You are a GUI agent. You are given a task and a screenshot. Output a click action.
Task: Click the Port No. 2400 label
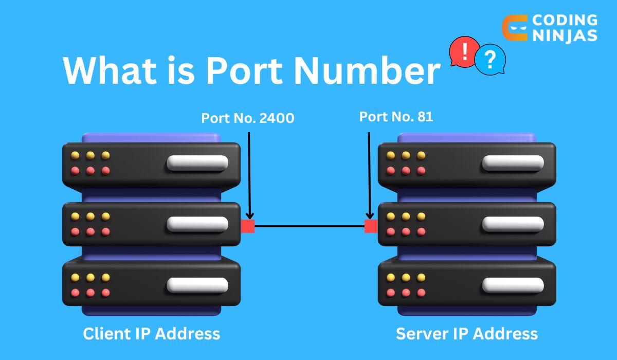pyautogui.click(x=247, y=118)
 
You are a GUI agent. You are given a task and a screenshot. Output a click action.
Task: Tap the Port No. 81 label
pyautogui.click(x=396, y=117)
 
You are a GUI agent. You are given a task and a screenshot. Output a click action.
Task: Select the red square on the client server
pyautogui.click(x=248, y=226)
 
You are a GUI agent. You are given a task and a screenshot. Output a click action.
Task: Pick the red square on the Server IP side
pyautogui.click(x=371, y=226)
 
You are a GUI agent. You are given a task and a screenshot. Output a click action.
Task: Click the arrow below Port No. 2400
pyautogui.click(x=249, y=175)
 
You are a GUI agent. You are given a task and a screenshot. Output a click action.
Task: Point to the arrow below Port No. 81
pyautogui.click(x=369, y=175)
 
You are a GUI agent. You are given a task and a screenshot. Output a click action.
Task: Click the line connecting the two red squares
pyautogui.click(x=309, y=226)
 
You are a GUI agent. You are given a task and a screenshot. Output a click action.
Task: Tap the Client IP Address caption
pyautogui.click(x=151, y=333)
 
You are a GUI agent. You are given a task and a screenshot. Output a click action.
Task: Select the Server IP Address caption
pyautogui.click(x=466, y=333)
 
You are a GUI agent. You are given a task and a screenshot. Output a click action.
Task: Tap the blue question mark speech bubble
pyautogui.click(x=490, y=60)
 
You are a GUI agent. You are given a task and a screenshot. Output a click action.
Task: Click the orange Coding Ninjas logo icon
pyautogui.click(x=514, y=28)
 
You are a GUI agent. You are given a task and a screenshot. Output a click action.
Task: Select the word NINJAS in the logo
pyautogui.click(x=565, y=35)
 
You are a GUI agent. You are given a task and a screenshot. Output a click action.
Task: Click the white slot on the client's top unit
pyautogui.click(x=197, y=163)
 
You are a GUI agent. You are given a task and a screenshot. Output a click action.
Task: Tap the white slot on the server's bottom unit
pyautogui.click(x=513, y=285)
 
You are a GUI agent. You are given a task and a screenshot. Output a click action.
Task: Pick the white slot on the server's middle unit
pyautogui.click(x=513, y=224)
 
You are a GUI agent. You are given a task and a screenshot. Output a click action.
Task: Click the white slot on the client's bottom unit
pyautogui.click(x=197, y=285)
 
